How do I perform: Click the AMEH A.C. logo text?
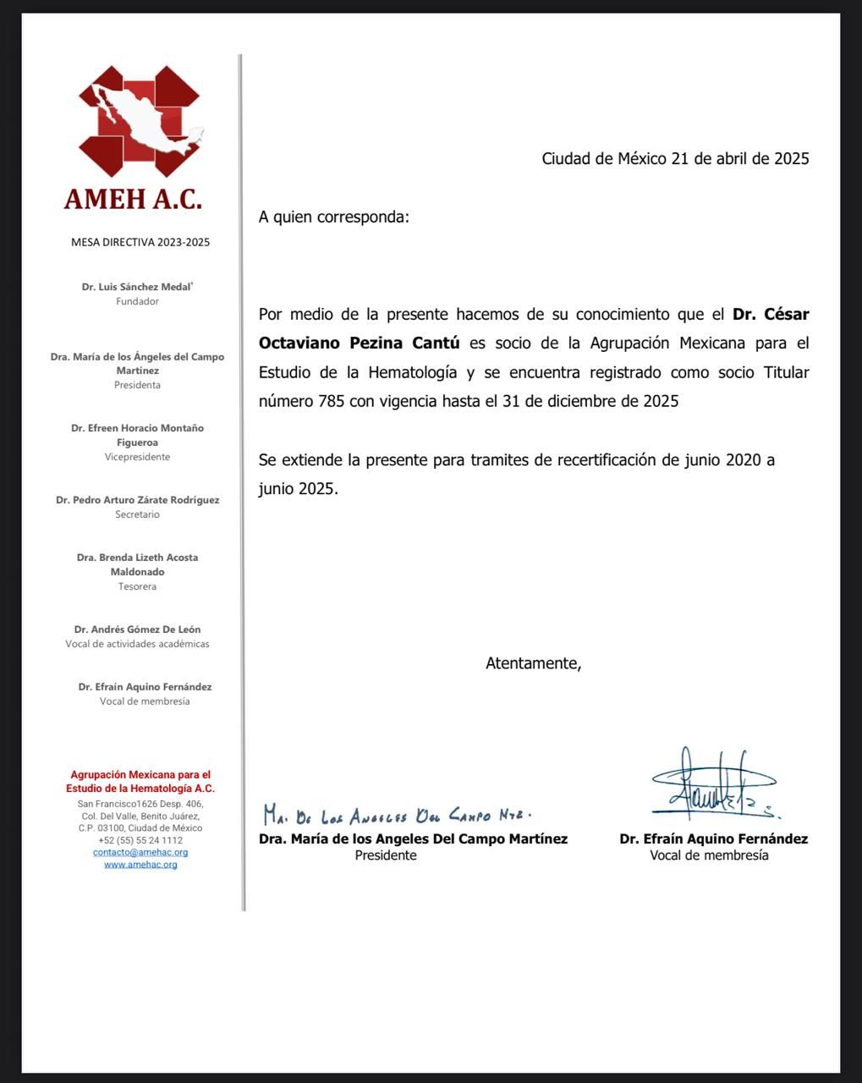click(133, 199)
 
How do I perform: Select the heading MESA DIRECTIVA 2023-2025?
click(140, 242)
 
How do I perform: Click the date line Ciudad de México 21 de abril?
click(675, 158)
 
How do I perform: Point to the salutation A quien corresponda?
click(333, 217)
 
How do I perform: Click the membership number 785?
click(331, 401)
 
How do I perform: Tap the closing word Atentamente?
click(533, 663)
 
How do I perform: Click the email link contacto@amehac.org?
click(140, 852)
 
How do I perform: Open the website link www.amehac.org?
click(140, 864)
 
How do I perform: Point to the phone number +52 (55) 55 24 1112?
click(140, 840)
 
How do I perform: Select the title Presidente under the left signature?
click(386, 855)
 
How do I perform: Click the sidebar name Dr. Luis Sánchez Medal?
click(137, 287)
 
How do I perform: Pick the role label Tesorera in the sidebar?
click(137, 586)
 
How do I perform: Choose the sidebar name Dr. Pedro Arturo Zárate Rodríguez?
click(138, 500)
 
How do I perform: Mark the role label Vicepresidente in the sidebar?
click(137, 457)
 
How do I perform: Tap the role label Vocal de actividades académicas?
click(137, 644)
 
